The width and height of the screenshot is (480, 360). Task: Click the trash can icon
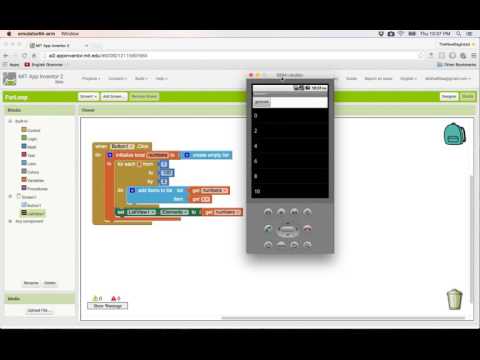454,297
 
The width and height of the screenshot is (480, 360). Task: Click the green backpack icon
455,131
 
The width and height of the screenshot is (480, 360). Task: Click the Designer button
449,96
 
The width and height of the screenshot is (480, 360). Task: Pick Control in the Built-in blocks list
34,131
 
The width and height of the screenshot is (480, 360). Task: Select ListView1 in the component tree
36,214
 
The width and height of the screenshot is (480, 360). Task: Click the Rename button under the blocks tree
31,282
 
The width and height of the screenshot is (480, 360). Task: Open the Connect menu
116,77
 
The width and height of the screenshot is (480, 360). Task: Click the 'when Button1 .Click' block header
120,147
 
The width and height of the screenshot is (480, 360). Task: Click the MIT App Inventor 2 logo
30,78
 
